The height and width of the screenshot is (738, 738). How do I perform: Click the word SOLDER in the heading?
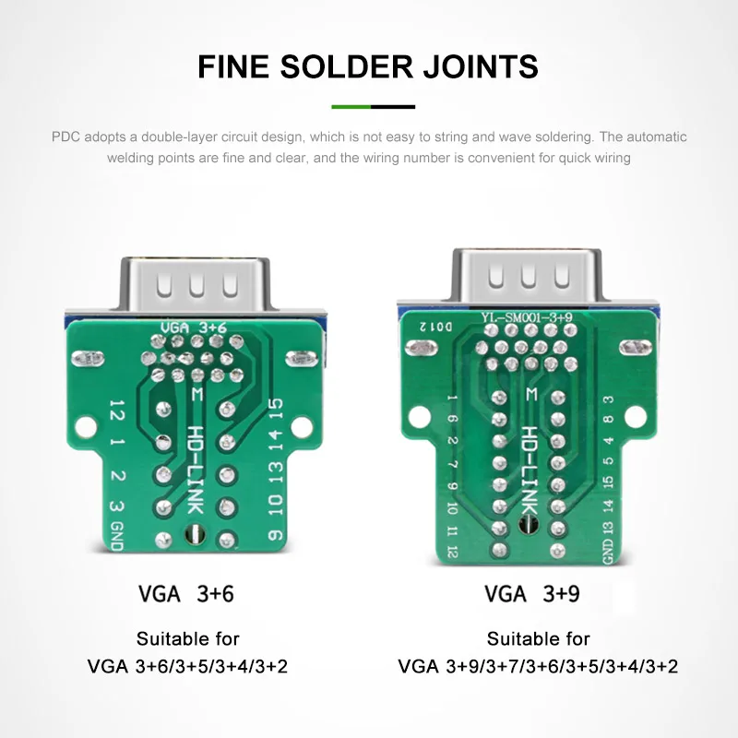[347, 66]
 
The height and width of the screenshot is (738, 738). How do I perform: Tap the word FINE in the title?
[233, 66]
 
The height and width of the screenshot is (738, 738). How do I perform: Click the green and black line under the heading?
[374, 107]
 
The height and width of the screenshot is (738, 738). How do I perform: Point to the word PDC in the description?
[65, 137]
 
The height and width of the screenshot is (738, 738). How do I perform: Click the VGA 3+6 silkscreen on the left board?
[194, 327]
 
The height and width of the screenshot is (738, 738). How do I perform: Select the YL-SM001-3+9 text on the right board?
[526, 317]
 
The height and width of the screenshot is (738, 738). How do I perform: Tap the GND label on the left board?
[117, 536]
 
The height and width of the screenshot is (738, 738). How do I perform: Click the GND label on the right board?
[608, 551]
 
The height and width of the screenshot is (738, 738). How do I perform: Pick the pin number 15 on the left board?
[275, 408]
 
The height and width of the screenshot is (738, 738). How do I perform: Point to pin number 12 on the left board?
[117, 410]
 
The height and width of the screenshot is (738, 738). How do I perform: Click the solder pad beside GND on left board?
[163, 540]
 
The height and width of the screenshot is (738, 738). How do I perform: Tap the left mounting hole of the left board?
[86, 427]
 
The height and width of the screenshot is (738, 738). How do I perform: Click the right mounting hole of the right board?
[636, 417]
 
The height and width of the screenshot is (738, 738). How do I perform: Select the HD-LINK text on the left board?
[196, 470]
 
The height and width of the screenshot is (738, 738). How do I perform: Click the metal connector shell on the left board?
[196, 284]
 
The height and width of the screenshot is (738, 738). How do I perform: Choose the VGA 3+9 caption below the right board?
[532, 593]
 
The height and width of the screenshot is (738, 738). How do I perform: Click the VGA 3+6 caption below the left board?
[186, 593]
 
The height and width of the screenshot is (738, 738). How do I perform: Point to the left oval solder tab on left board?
[88, 359]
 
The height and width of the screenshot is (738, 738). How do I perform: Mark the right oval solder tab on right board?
[636, 348]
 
